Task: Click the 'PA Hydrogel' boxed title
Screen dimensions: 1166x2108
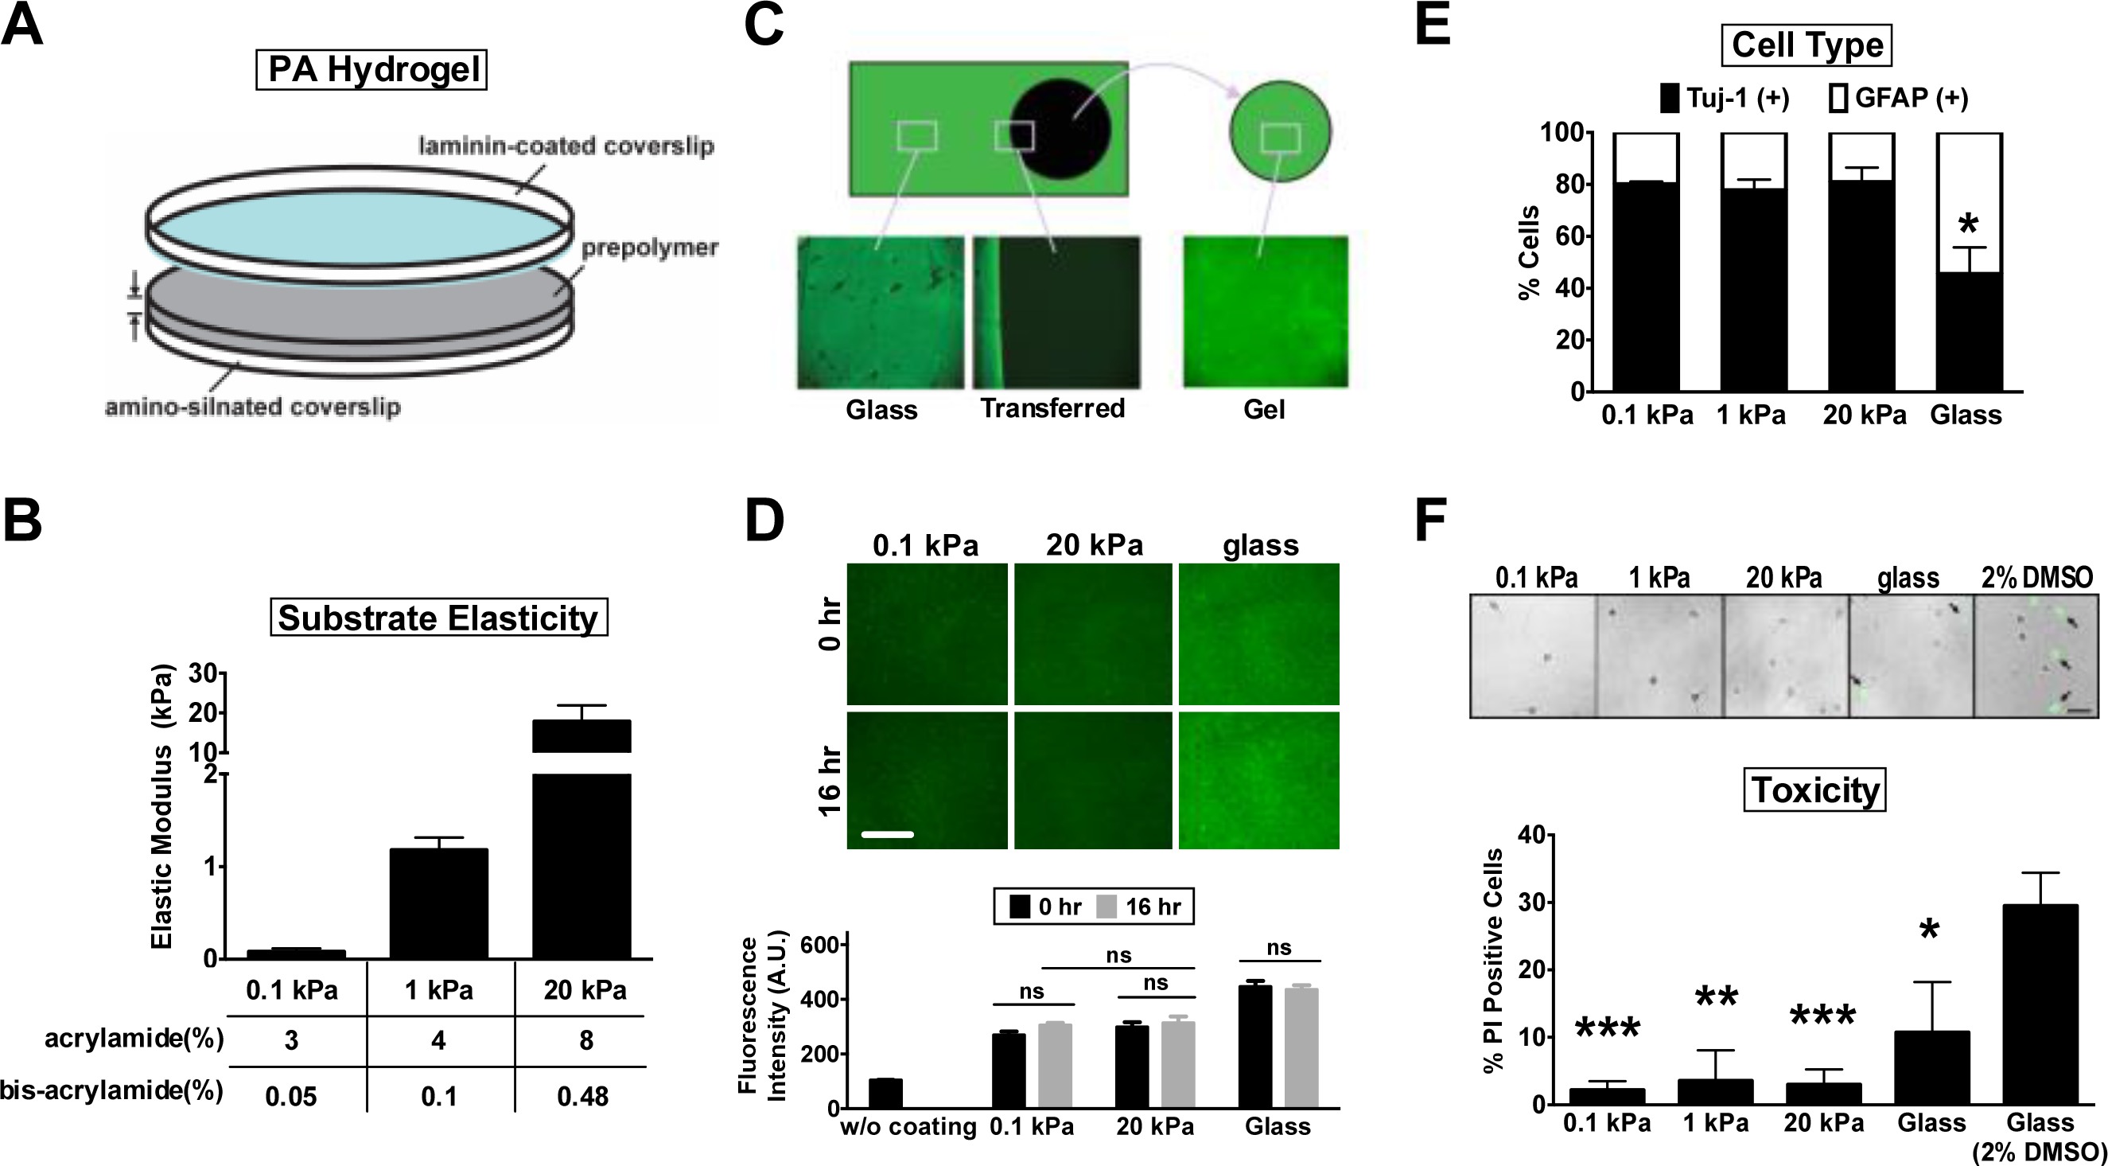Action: pyautogui.click(x=371, y=69)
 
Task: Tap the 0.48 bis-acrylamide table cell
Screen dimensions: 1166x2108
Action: pyautogui.click(x=582, y=1096)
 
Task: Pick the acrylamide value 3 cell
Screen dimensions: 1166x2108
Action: pyautogui.click(x=291, y=1040)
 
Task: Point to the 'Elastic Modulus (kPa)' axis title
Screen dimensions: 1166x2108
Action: pyautogui.click(x=163, y=806)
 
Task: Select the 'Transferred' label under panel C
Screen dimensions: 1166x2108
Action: pyautogui.click(x=1052, y=408)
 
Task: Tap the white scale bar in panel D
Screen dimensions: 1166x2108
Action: pyautogui.click(x=887, y=834)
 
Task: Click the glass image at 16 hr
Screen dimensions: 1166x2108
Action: pyautogui.click(x=1258, y=780)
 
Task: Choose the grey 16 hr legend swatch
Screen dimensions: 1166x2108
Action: pyautogui.click(x=1107, y=907)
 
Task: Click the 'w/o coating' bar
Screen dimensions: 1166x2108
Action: pyautogui.click(x=885, y=1093)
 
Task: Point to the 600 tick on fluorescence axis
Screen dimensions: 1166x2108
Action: pyautogui.click(x=823, y=945)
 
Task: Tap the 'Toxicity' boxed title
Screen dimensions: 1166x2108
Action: pyautogui.click(x=1815, y=790)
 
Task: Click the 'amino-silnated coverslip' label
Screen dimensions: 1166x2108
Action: pyautogui.click(x=253, y=407)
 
